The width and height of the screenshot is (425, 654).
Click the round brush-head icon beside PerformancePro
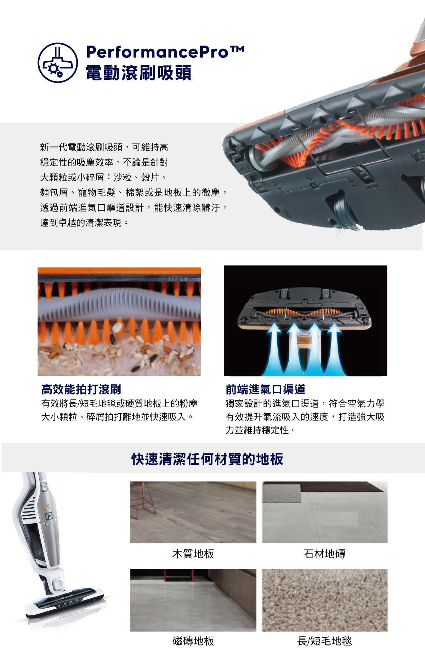tap(58, 63)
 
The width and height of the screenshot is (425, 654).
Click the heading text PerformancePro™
tap(165, 52)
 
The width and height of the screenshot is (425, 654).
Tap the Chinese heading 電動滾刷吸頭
tap(138, 73)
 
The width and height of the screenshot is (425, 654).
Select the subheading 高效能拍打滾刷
tap(81, 389)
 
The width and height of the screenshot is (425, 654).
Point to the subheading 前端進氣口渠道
tap(265, 389)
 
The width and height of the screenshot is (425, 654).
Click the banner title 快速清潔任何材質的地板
tap(207, 459)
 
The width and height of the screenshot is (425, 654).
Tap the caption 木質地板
tap(193, 554)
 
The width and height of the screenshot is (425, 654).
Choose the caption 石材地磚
tap(324, 554)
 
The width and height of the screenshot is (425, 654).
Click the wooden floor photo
tap(193, 512)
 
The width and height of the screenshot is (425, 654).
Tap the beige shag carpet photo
tap(325, 600)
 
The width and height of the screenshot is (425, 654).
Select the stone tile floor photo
tap(325, 512)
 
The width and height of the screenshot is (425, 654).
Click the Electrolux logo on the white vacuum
tap(50, 516)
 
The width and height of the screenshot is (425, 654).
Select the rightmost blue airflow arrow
tap(335, 349)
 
